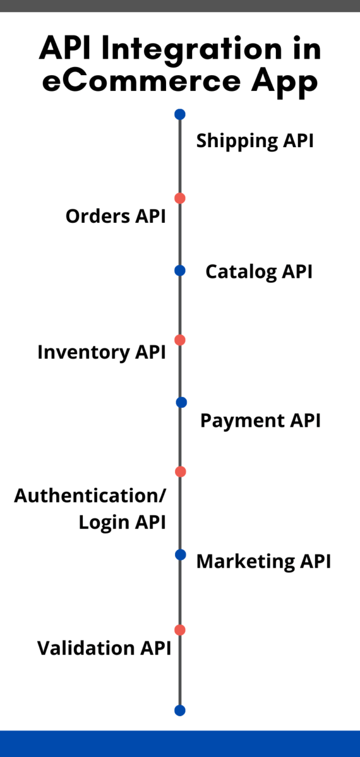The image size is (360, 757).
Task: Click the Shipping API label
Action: coord(254,141)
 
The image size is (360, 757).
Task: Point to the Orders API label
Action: coord(115,216)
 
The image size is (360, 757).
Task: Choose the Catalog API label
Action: coord(259,272)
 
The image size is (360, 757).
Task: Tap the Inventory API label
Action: coord(101,352)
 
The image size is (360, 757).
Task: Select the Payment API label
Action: coord(260,421)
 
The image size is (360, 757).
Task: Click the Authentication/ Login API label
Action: coord(90,509)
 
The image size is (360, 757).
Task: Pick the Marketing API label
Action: coord(263,561)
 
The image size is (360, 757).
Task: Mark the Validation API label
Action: coord(104,648)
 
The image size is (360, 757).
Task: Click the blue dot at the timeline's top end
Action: coord(179,114)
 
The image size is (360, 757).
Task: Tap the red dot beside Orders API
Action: coord(179,198)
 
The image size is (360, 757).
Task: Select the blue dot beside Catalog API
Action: coord(179,270)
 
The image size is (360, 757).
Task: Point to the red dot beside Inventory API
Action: coord(179,340)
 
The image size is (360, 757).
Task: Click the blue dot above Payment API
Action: coord(181,402)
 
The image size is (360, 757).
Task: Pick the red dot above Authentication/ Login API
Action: coord(180,472)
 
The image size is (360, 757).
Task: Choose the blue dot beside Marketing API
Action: coord(180,554)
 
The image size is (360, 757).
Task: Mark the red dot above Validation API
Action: coord(179,630)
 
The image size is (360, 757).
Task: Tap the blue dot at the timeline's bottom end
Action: coord(179,711)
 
